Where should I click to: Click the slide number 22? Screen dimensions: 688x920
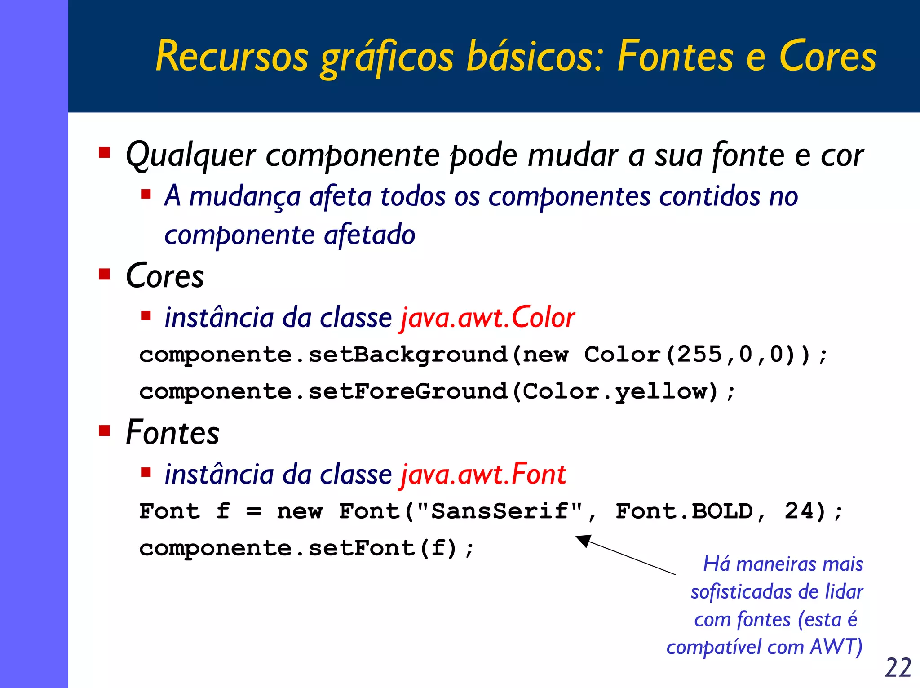click(898, 667)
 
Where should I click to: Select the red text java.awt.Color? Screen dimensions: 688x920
click(487, 318)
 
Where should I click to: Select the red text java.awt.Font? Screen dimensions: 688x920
click(482, 475)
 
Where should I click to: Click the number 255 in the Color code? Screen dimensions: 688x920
click(699, 355)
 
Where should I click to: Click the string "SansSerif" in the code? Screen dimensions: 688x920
click(500, 511)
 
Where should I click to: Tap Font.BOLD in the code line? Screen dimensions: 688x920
click(684, 511)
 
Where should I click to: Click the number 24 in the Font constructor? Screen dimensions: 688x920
click(799, 511)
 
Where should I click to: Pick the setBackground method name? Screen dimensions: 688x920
click(408, 355)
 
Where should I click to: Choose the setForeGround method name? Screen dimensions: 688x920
click(408, 391)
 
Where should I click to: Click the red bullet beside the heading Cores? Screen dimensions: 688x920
click(105, 274)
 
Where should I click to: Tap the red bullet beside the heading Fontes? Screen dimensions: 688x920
click(105, 431)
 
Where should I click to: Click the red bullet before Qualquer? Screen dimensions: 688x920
click(105, 153)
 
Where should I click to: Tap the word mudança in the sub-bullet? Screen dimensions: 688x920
click(245, 197)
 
